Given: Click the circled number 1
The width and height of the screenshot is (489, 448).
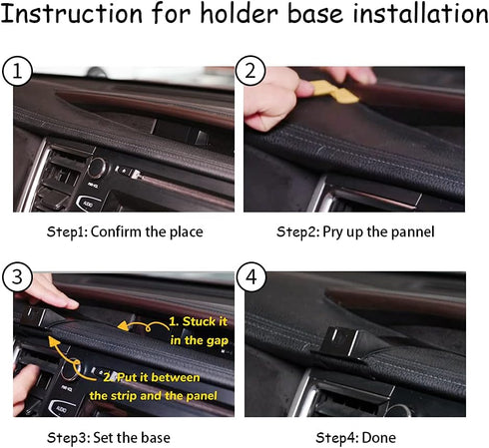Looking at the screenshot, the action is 17,71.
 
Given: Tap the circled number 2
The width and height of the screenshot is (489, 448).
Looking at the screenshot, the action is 250,71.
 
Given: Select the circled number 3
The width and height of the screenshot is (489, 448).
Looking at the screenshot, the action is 17,277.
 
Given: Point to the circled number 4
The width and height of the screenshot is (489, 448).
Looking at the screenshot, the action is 250,277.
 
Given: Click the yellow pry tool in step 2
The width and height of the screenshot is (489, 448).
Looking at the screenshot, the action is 333,92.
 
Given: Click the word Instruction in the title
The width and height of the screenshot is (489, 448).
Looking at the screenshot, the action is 72,14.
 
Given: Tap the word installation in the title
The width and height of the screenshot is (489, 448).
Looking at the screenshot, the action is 420,14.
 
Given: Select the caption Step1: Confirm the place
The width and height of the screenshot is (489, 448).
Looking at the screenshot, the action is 125,231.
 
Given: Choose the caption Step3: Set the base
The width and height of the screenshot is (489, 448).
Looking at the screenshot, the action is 109,438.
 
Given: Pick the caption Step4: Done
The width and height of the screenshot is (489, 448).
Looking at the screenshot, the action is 355,438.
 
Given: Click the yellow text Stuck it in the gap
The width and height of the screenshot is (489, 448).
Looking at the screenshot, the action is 199,331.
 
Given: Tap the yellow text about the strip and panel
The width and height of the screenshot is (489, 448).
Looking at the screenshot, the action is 153,386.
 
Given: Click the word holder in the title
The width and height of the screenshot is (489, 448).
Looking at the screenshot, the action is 239,14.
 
